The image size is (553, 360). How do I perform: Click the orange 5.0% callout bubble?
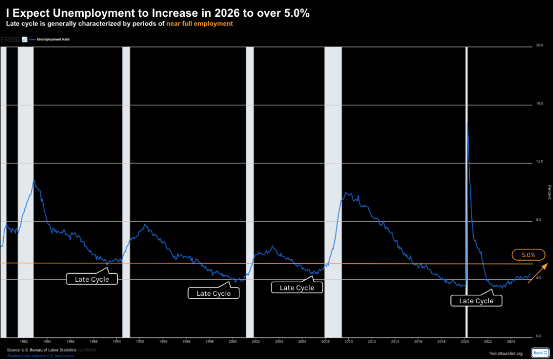(525, 255)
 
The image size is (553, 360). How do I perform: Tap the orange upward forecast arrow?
(538, 272)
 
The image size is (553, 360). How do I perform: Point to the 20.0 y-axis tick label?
(538, 45)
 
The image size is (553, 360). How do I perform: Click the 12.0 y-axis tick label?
(538, 162)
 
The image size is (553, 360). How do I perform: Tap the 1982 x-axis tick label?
(24, 341)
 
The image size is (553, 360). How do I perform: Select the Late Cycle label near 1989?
(92, 279)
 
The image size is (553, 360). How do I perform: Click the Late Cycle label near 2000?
(213, 293)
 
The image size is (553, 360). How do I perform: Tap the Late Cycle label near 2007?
(296, 288)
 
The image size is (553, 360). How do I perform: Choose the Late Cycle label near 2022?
(476, 301)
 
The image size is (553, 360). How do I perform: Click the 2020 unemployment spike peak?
(467, 123)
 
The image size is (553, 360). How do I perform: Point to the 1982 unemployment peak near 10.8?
(33, 180)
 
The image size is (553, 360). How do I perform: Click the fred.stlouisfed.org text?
(504, 354)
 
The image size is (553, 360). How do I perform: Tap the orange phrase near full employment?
(199, 24)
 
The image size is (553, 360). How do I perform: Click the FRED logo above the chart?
(10, 39)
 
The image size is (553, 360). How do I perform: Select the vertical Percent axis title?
(549, 192)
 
